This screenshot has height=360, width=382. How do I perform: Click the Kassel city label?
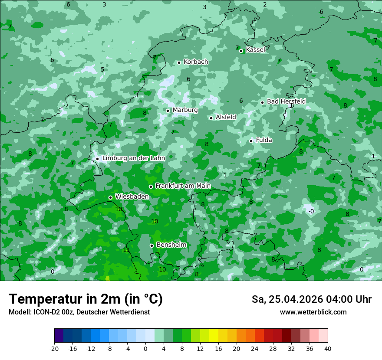(255, 50)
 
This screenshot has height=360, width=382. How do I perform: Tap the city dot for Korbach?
(179, 62)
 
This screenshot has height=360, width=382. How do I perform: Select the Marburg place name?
(185, 110)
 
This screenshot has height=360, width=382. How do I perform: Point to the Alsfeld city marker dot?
(211, 118)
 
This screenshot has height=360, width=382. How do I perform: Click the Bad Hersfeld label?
(286, 101)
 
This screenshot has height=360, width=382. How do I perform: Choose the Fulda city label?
(264, 140)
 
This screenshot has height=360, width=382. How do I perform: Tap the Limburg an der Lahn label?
(134, 158)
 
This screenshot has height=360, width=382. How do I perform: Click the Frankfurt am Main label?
(183, 186)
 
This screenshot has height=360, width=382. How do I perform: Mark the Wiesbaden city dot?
(111, 197)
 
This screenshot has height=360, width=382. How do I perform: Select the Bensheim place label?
(171, 245)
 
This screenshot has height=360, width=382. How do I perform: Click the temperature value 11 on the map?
(126, 250)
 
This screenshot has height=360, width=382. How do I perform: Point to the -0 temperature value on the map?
(311, 211)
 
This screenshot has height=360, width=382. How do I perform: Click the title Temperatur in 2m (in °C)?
(86, 299)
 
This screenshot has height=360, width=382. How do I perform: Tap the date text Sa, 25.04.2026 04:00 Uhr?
(311, 299)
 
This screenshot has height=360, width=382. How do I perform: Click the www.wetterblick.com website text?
(313, 312)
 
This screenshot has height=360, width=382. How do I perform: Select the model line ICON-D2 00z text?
(79, 312)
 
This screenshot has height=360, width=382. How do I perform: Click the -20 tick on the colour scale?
(54, 349)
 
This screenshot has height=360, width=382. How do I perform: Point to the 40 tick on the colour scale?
(328, 349)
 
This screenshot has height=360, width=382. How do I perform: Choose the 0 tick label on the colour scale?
(145, 349)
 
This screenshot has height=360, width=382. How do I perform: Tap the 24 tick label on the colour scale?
(255, 349)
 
